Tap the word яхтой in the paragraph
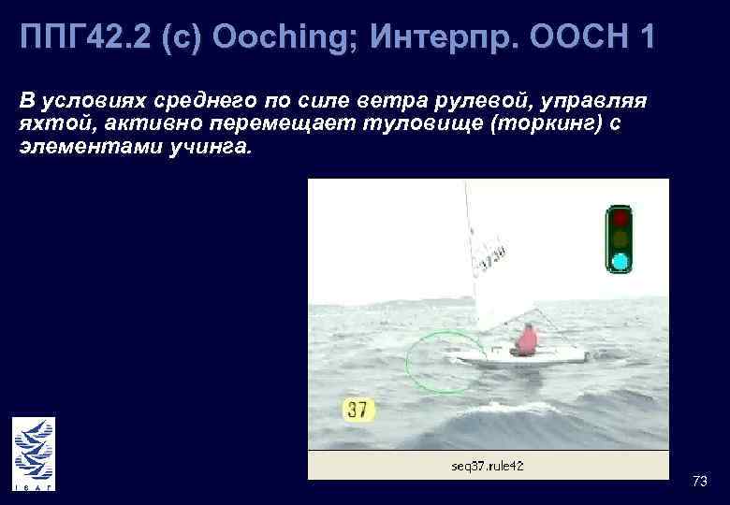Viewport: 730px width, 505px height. click(x=52, y=124)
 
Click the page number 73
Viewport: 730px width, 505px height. click(x=699, y=481)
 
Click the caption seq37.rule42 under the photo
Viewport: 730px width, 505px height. click(x=488, y=465)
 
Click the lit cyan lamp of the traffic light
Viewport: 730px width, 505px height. click(x=619, y=259)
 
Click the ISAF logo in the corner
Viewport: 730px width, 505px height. click(x=34, y=454)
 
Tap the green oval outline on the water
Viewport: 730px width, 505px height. click(x=441, y=362)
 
